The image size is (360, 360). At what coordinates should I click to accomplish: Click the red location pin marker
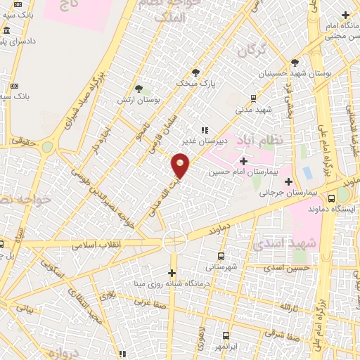tap(181, 166)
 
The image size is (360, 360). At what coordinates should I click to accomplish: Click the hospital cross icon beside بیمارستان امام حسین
tap(243, 161)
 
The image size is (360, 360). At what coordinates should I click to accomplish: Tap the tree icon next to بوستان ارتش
tap(139, 89)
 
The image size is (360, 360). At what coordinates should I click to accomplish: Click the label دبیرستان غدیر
tap(203, 139)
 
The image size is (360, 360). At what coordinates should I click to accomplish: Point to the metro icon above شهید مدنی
tap(253, 99)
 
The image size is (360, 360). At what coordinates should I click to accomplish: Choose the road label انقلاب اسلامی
tap(97, 244)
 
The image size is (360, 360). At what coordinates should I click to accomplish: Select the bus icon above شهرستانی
tap(221, 257)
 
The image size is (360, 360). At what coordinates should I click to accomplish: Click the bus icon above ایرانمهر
tap(226, 336)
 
